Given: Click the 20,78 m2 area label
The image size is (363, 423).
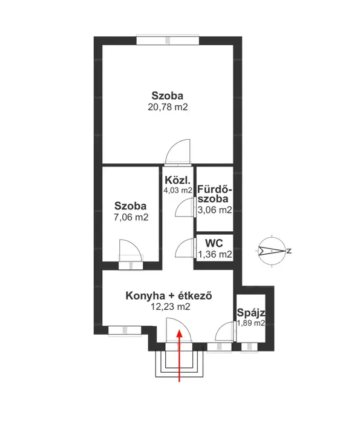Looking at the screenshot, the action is [168, 107].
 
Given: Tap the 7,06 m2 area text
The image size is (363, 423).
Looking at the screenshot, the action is [131, 217].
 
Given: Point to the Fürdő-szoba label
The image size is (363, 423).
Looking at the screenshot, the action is [215, 194].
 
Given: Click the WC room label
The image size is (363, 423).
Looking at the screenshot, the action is [214, 243].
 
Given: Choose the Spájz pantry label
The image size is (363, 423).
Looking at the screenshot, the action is [251, 313].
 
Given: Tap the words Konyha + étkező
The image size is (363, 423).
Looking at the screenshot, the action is [169, 296].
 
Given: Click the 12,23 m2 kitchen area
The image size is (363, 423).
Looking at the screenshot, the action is [171, 307].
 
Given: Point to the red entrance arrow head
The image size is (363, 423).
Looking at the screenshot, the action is [179, 333].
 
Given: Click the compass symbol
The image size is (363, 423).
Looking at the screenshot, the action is [272, 251].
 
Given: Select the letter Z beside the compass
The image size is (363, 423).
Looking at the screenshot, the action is [289, 251].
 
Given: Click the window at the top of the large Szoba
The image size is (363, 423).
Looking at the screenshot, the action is [168, 41].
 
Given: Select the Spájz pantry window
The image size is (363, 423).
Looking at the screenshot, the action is [249, 347].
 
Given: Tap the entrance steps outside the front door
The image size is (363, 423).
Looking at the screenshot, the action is [179, 364].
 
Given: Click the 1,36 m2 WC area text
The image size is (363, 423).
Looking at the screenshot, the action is [215, 254].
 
